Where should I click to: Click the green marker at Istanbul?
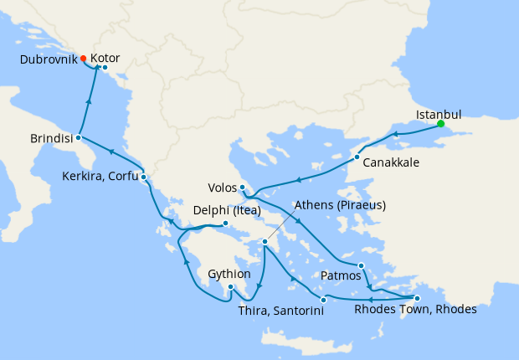tap(441, 125)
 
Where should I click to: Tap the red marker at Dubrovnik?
tap(84, 58)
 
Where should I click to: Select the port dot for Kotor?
tap(105, 67)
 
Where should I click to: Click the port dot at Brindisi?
tap(78, 137)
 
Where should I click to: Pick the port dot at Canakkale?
tap(357, 157)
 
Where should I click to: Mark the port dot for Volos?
tap(242, 187)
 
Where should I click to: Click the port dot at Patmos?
tap(361, 266)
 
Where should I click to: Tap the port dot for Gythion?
tap(230, 287)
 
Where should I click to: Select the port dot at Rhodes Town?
tap(417, 298)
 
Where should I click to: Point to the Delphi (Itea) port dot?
tap(225, 224)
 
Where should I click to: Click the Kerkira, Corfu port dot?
tap(144, 177)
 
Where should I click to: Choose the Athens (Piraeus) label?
tap(339, 205)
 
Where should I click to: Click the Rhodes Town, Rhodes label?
tap(415, 309)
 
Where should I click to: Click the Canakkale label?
tap(391, 162)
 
